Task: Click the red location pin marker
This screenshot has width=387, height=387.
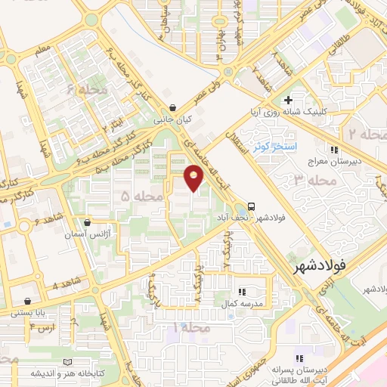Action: [x=194, y=178]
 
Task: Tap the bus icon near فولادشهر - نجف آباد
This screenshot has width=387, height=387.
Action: [x=251, y=206]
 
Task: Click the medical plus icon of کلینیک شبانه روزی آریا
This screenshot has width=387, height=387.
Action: [x=287, y=100]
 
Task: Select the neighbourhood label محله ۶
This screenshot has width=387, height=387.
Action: [x=84, y=90]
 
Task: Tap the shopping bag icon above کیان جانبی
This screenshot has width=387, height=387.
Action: [x=175, y=107]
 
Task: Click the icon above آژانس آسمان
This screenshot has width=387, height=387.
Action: [x=88, y=223]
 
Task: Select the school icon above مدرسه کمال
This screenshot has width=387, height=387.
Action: [x=241, y=291]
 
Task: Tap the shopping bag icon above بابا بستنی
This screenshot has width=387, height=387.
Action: [x=28, y=301]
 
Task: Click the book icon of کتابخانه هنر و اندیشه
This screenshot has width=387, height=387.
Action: [x=70, y=363]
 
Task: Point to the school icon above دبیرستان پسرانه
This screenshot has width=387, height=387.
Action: [x=299, y=358]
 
